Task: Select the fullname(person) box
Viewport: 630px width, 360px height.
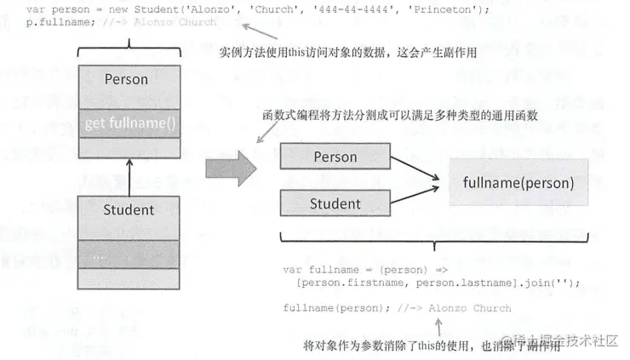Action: (518, 182)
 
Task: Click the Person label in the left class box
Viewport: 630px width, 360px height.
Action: (126, 80)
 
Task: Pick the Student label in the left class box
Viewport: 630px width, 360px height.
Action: (128, 209)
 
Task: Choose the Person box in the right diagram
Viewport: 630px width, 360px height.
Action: (335, 157)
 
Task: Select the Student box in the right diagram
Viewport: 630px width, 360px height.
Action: (335, 203)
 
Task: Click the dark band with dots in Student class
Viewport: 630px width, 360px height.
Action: (128, 254)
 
